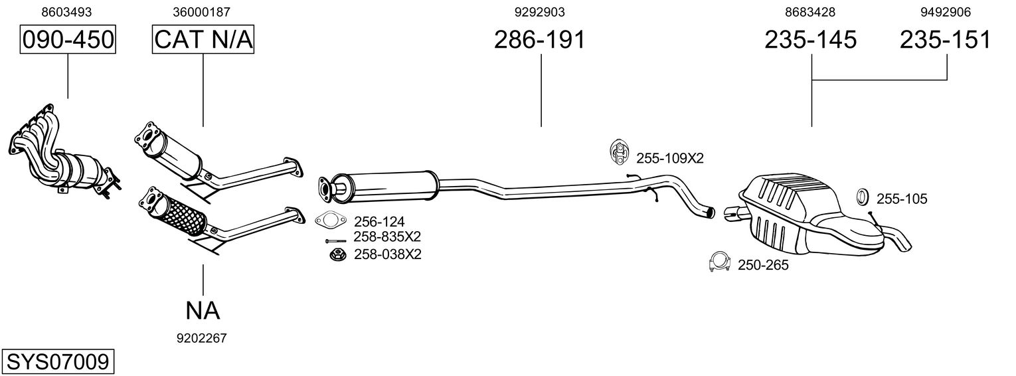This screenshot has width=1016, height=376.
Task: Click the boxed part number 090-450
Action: pos(68,40)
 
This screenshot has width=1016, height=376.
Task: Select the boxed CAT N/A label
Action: pos(203,40)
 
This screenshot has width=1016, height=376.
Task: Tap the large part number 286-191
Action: pos(540,40)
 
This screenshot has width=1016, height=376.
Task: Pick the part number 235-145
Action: pos(811,40)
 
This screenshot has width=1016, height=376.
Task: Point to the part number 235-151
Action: pos(946,40)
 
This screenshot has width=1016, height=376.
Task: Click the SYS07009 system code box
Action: pos(57,362)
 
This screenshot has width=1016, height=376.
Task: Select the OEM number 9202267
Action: pos(202,338)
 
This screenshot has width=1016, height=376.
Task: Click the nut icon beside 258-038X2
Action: pos(337,254)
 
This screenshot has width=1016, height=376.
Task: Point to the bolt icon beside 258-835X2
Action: pos(335,240)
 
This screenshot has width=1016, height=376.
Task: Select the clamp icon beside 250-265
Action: pos(719,263)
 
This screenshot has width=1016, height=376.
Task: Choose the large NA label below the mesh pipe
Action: pos(203,310)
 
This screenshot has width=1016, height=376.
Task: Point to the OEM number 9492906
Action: pos(946,12)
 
